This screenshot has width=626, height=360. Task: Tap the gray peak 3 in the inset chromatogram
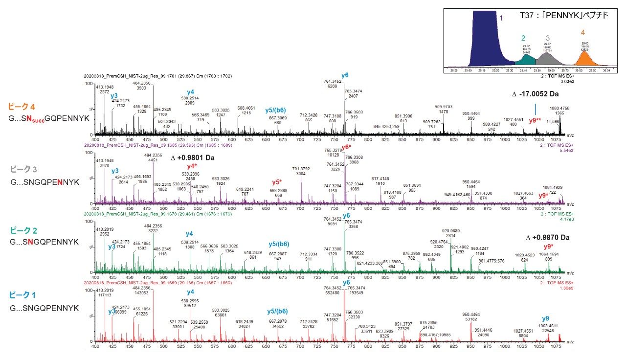click(x=548, y=57)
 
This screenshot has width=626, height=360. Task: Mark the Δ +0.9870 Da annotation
click(x=548, y=238)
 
